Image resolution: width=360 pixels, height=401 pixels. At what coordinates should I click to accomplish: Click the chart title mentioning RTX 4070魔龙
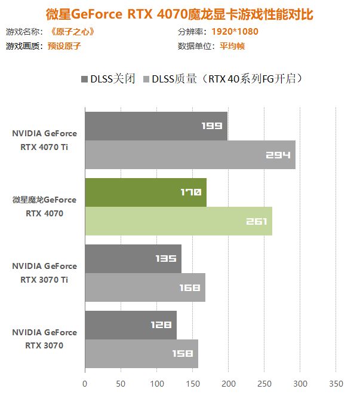pos(180,13)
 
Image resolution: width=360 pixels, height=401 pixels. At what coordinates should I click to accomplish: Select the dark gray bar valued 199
pos(156,125)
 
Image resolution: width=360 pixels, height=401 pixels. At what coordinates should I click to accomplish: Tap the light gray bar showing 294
pos(190,155)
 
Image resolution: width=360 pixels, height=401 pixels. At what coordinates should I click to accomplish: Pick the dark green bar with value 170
pos(145,192)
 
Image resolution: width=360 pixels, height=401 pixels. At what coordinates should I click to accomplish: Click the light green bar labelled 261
pos(178,221)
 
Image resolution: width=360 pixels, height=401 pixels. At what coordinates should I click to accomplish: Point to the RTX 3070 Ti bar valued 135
pos(133,258)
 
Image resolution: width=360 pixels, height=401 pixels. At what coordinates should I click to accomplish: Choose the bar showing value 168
pos(144,287)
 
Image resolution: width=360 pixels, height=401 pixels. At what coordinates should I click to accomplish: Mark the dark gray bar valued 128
pos(130,325)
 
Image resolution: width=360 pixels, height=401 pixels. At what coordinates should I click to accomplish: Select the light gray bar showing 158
pos(141,354)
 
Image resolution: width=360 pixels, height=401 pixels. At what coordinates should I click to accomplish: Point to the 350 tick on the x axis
pos(336,382)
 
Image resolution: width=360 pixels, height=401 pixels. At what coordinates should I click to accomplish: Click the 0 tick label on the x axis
pos(85,382)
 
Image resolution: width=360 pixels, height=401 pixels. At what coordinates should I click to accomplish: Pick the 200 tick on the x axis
pos(229,382)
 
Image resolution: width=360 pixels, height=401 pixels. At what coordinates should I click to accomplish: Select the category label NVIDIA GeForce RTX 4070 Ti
pos(45,140)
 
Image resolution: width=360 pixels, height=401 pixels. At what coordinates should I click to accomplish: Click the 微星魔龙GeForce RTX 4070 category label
pos(45,206)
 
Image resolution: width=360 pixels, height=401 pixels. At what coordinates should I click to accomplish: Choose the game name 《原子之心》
pos(71,32)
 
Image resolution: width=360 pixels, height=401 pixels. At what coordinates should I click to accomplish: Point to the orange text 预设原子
pos(64,46)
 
